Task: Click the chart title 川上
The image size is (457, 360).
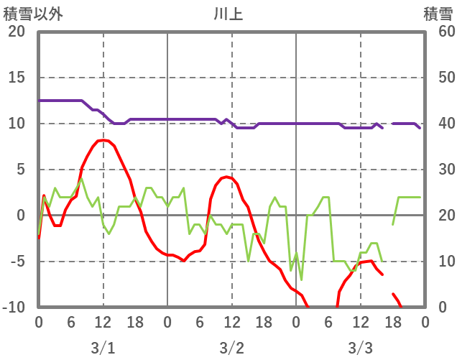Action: coord(228,14)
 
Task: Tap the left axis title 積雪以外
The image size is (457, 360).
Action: coord(28,14)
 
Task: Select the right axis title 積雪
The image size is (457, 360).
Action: coord(438,14)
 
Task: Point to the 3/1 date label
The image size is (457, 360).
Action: coord(103,348)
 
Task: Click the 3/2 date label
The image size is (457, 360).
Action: coord(231,348)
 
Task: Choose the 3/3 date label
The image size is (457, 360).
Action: coord(361,348)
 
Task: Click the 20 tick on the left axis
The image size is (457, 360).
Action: coord(17,32)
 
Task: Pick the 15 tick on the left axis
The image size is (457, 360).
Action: coord(17,78)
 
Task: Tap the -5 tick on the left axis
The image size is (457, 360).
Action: coord(17,262)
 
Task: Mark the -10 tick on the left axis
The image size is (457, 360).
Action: coord(14,308)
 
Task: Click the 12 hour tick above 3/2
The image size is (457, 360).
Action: coord(231,322)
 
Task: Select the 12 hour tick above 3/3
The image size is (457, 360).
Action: coord(361,322)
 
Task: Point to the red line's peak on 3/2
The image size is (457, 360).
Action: coord(227,176)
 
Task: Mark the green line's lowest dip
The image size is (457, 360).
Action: coord(301,280)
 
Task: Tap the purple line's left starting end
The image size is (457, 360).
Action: coord(39,101)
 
